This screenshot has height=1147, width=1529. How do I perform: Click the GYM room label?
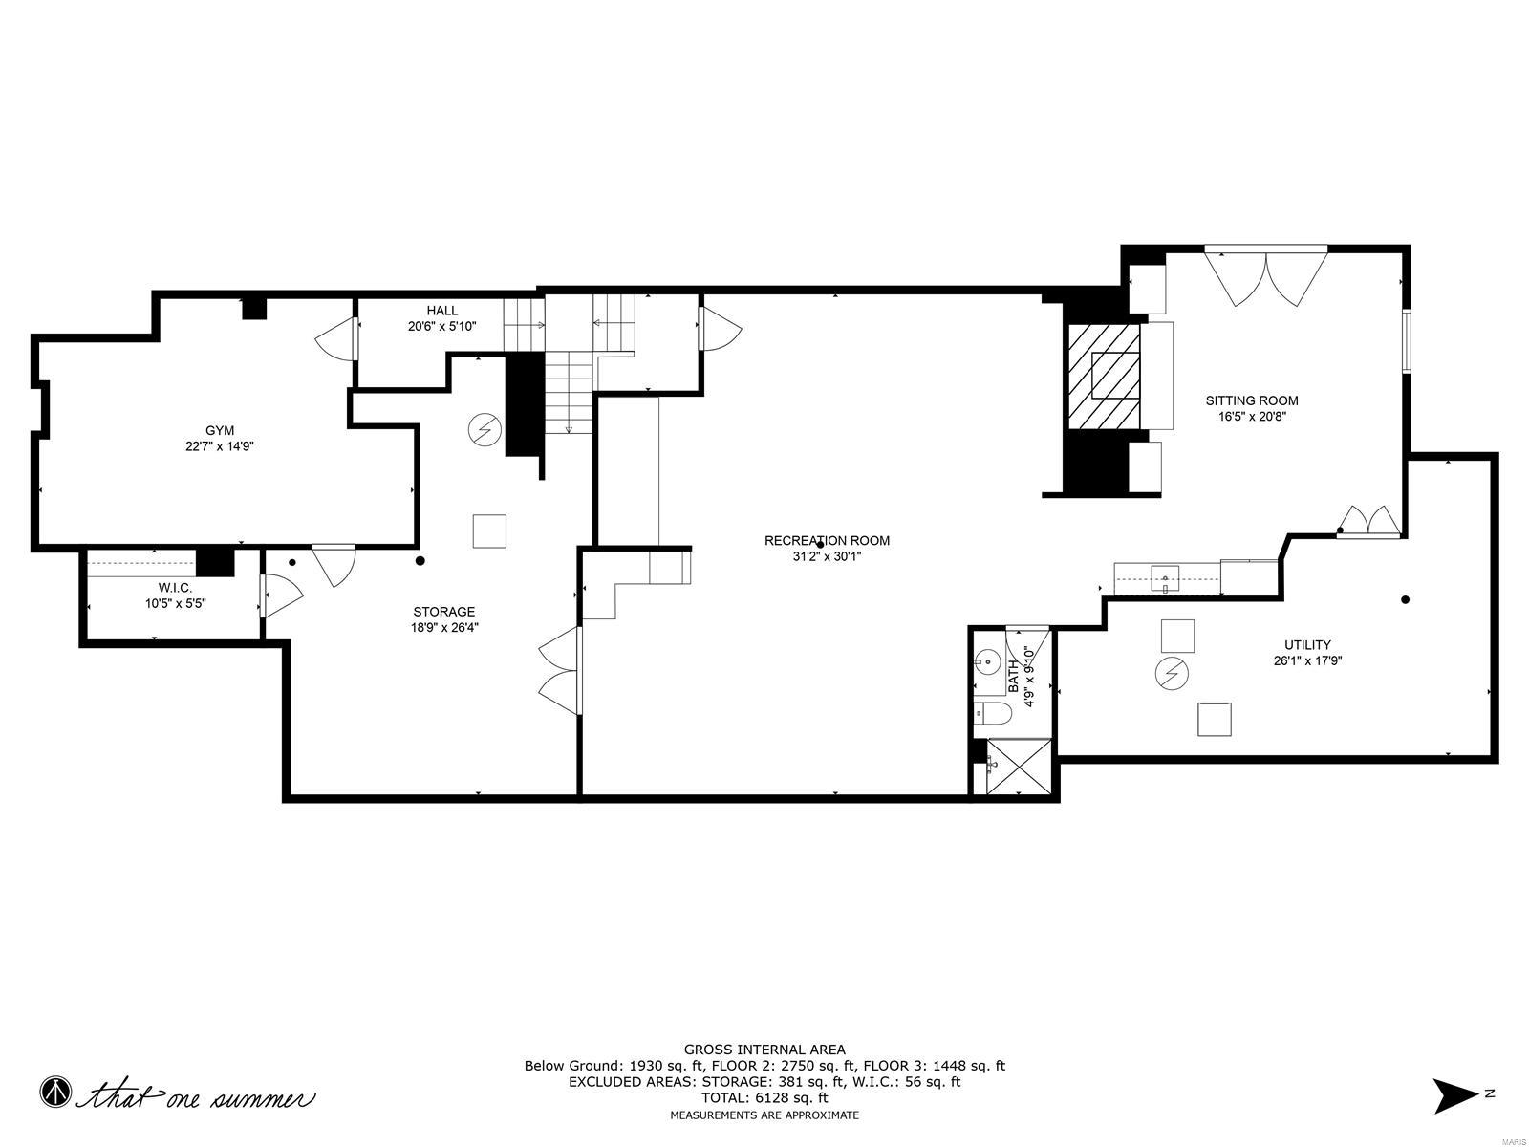tap(220, 430)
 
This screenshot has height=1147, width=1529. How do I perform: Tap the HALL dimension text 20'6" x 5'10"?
tap(441, 326)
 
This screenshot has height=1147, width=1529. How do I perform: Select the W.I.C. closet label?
tap(175, 588)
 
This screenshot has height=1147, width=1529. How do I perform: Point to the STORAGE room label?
tap(443, 612)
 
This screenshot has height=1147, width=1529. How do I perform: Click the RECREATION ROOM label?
tap(827, 541)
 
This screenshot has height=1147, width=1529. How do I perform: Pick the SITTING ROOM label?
tap(1252, 400)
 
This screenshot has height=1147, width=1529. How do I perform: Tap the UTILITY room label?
tap(1308, 645)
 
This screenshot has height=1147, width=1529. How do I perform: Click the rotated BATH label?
tap(1014, 675)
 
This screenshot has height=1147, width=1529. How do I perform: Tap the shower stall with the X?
tap(1019, 767)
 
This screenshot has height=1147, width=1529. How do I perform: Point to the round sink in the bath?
tap(987, 661)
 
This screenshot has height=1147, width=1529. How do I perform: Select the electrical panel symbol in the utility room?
tap(1172, 673)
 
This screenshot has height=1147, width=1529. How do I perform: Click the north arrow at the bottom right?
tap(1455, 1094)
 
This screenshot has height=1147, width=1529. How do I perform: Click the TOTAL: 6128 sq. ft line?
tap(764, 1098)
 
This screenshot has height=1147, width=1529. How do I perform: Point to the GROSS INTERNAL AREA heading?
tap(764, 1050)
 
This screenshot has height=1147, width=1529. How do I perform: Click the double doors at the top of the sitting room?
tap(1266, 275)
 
